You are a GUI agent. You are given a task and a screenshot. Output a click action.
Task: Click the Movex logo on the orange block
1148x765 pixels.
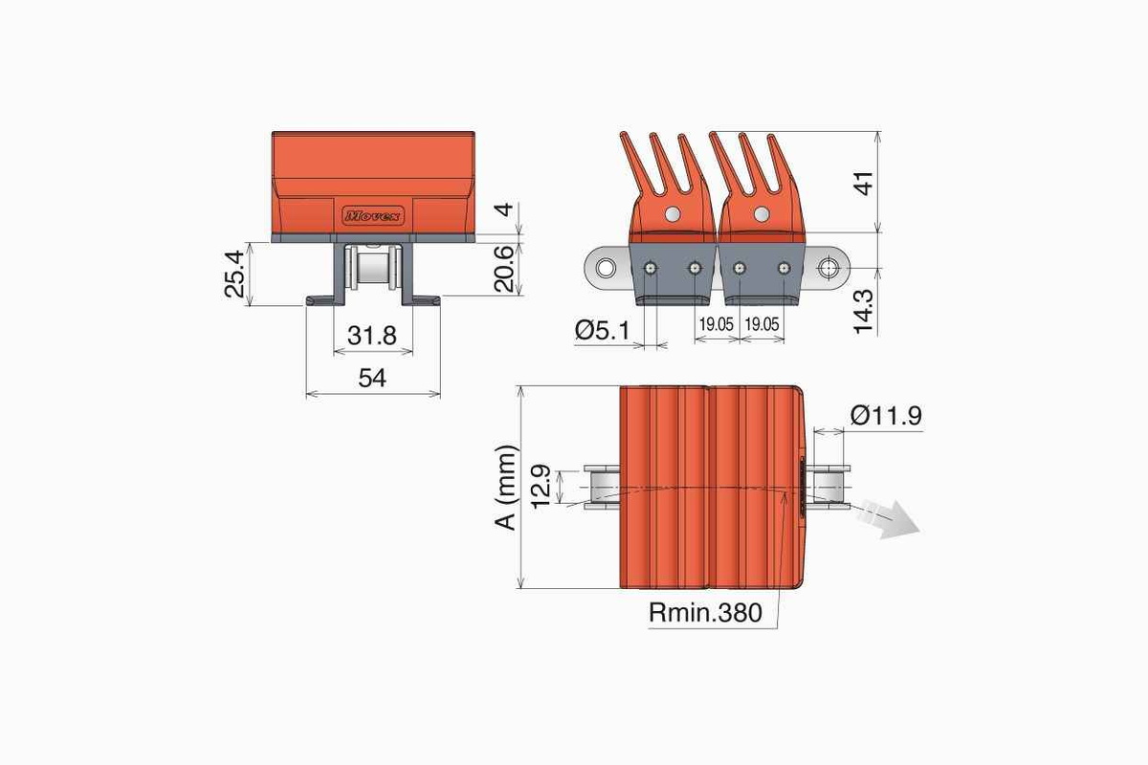[x=372, y=216]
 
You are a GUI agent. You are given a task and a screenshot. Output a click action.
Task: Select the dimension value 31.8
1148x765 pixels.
[x=372, y=336]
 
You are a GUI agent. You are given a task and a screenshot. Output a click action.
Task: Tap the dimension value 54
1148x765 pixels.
[x=372, y=378]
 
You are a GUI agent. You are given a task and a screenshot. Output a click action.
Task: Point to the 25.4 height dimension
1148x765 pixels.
[x=234, y=274]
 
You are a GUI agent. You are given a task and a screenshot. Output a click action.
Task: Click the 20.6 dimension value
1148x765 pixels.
[x=504, y=269]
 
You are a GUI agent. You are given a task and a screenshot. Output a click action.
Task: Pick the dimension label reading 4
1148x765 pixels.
[x=505, y=209]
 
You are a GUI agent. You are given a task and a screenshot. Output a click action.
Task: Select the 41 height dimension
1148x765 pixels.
[x=864, y=184]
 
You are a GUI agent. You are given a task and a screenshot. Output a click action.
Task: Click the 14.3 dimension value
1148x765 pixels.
[x=864, y=312]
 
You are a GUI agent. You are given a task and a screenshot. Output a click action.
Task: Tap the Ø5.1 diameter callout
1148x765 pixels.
[x=602, y=330]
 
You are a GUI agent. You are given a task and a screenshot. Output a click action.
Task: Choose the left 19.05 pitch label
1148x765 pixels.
[x=716, y=324]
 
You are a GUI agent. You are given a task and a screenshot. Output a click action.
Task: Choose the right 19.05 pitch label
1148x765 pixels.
[x=762, y=324]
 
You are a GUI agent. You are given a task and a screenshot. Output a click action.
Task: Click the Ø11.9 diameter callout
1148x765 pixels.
[x=886, y=415]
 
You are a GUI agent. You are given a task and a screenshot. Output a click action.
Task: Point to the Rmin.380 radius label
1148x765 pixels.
[x=705, y=612]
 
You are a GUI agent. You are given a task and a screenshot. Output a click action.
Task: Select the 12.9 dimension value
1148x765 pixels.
[x=541, y=487]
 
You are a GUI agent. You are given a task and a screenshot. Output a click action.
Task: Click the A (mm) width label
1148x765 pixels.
[x=506, y=488]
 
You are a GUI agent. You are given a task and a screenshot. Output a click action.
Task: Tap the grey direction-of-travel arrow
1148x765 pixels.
[x=888, y=518]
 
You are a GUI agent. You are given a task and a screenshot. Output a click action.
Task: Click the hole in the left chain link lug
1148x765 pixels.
[x=606, y=268]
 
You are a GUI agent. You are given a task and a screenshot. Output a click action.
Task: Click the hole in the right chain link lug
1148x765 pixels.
[x=828, y=268]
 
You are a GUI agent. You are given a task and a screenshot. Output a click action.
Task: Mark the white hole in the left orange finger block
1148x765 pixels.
[x=673, y=213]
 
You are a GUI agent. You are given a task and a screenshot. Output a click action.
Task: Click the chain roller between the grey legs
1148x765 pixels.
[x=372, y=270]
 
